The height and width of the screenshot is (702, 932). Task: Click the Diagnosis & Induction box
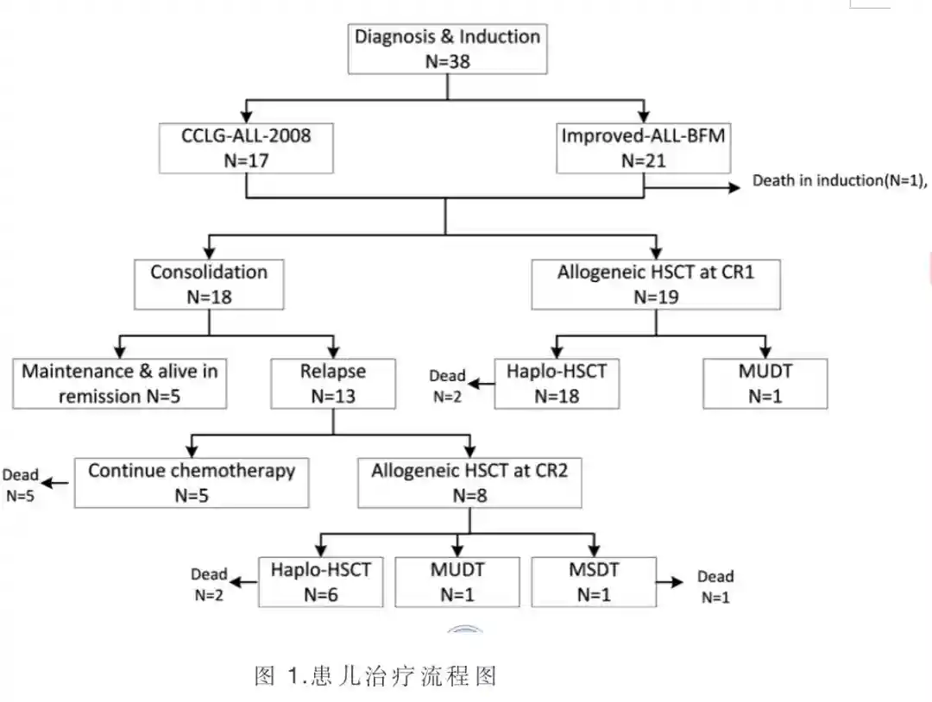(447, 48)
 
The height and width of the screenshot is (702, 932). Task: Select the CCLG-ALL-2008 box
(246, 147)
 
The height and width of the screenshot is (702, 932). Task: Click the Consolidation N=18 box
(209, 284)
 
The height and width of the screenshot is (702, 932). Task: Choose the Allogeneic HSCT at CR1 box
(655, 284)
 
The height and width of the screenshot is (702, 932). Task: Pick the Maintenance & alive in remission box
(119, 384)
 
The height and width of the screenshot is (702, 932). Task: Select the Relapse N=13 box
(333, 384)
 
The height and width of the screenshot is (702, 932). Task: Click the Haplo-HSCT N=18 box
(557, 384)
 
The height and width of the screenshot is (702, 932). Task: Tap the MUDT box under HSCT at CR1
(765, 384)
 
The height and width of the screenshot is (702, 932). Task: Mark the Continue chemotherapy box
(192, 483)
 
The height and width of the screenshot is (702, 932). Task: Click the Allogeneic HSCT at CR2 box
(469, 483)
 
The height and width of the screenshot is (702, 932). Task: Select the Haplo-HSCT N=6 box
(321, 582)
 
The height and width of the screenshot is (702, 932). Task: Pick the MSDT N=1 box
(593, 582)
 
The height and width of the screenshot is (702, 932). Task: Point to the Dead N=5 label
(21, 485)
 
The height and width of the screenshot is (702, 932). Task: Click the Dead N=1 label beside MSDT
(715, 586)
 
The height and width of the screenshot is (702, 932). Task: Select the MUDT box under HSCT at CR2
(457, 582)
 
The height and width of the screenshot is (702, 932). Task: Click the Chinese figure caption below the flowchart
(376, 675)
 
